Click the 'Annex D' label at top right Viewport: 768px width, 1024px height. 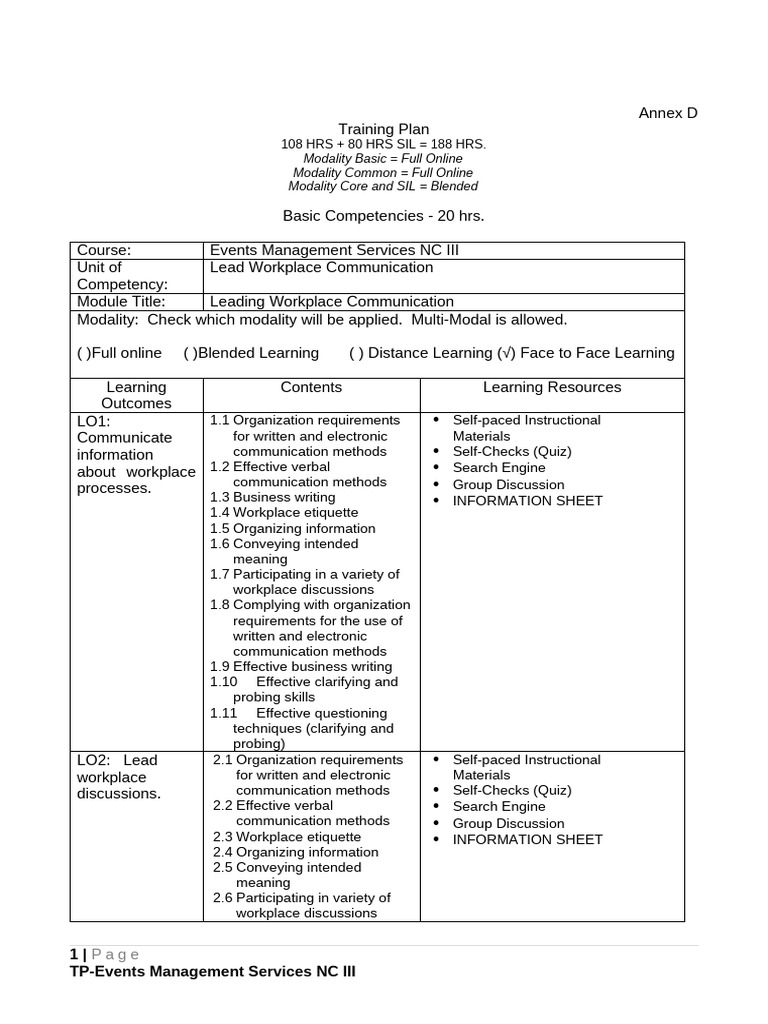click(667, 113)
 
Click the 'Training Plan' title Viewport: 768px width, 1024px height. click(383, 129)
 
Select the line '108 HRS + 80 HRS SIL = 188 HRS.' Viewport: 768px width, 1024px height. click(383, 144)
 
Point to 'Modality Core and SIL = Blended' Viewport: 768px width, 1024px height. click(383, 186)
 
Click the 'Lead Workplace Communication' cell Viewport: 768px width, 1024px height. click(321, 267)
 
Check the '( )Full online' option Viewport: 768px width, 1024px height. click(119, 353)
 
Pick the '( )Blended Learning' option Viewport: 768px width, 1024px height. click(251, 353)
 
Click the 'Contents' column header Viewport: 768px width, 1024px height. click(311, 387)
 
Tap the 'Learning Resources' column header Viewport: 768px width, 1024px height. click(552, 387)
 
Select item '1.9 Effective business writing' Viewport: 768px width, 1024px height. click(301, 666)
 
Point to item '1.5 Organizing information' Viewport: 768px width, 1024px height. click(292, 528)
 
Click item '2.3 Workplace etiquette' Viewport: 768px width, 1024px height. click(287, 836)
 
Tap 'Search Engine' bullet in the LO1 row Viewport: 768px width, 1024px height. click(499, 467)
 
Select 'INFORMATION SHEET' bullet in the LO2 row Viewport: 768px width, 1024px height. click(527, 839)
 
